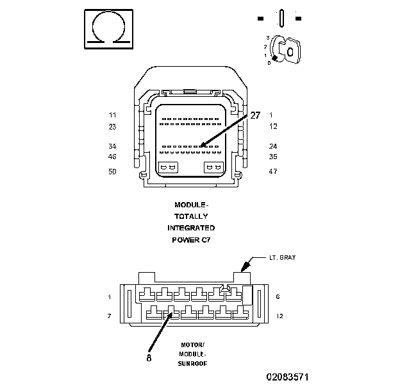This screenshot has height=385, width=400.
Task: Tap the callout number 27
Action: [x=255, y=116]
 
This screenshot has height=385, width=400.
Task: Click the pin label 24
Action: [x=272, y=146]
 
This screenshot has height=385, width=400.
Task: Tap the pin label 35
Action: [x=272, y=157]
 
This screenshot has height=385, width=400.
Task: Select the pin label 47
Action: [x=272, y=172]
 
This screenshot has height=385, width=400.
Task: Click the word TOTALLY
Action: [x=191, y=216]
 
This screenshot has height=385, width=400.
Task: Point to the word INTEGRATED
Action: [x=191, y=228]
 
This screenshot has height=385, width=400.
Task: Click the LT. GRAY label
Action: [x=282, y=257]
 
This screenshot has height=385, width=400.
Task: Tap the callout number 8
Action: [x=149, y=359]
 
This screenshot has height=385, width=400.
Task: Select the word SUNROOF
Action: [x=192, y=363]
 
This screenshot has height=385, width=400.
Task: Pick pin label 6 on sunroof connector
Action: [x=276, y=297]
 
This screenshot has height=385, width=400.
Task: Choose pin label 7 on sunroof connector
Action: [x=110, y=316]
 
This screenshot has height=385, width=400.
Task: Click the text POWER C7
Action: [x=191, y=239]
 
